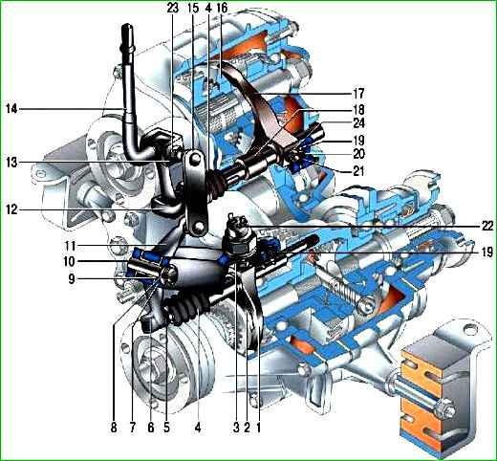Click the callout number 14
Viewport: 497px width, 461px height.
11,109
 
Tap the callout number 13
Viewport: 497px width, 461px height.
11,163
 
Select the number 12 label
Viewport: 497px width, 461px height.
11,209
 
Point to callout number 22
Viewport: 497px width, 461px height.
486,226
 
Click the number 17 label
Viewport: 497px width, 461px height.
358,94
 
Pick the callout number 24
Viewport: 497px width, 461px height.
358,122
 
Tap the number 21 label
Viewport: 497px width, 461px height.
358,171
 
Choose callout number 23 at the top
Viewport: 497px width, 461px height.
173,8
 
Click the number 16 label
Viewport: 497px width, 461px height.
222,8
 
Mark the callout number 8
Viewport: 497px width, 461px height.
114,428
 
